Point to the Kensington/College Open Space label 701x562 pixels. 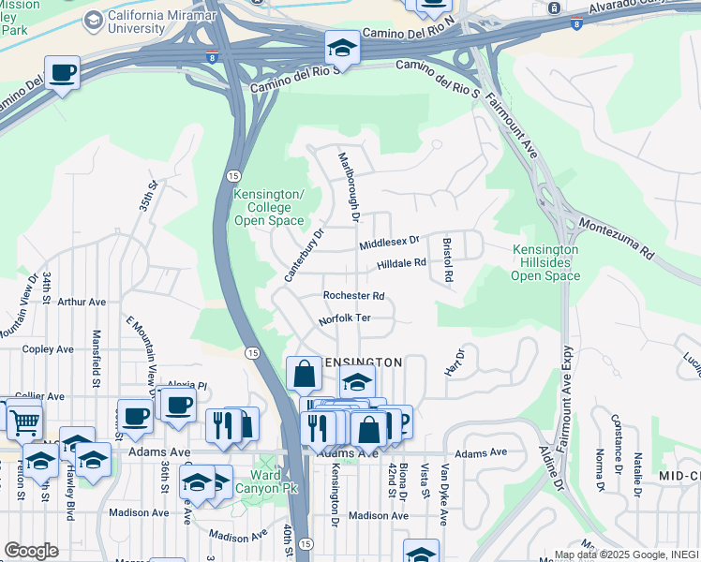269,207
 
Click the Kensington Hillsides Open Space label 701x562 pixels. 546,262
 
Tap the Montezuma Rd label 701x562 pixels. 616,238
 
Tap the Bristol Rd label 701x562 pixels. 448,259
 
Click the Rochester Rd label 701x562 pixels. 353,295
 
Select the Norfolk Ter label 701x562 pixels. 344,318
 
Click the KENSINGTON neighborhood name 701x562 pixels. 364,362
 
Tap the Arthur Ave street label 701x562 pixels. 82,303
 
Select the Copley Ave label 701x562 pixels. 48,349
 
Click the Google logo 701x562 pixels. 31,551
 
